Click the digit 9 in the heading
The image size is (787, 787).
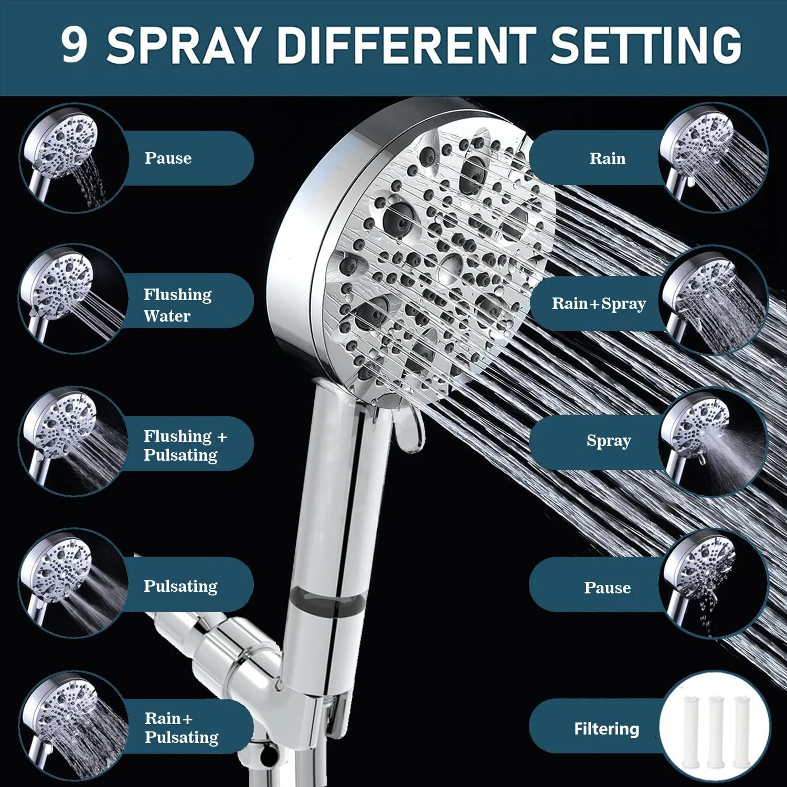(x=74, y=44)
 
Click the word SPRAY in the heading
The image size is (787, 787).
(x=184, y=44)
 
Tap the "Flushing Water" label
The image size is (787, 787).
(x=178, y=305)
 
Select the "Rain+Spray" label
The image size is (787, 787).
(x=599, y=304)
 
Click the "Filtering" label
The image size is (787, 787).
(x=607, y=729)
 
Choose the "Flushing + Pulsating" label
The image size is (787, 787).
(x=185, y=445)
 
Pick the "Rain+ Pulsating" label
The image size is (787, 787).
(x=182, y=728)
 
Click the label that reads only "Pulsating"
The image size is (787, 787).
(x=180, y=586)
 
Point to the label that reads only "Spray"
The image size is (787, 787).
(x=609, y=441)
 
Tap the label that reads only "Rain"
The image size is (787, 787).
(x=608, y=158)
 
